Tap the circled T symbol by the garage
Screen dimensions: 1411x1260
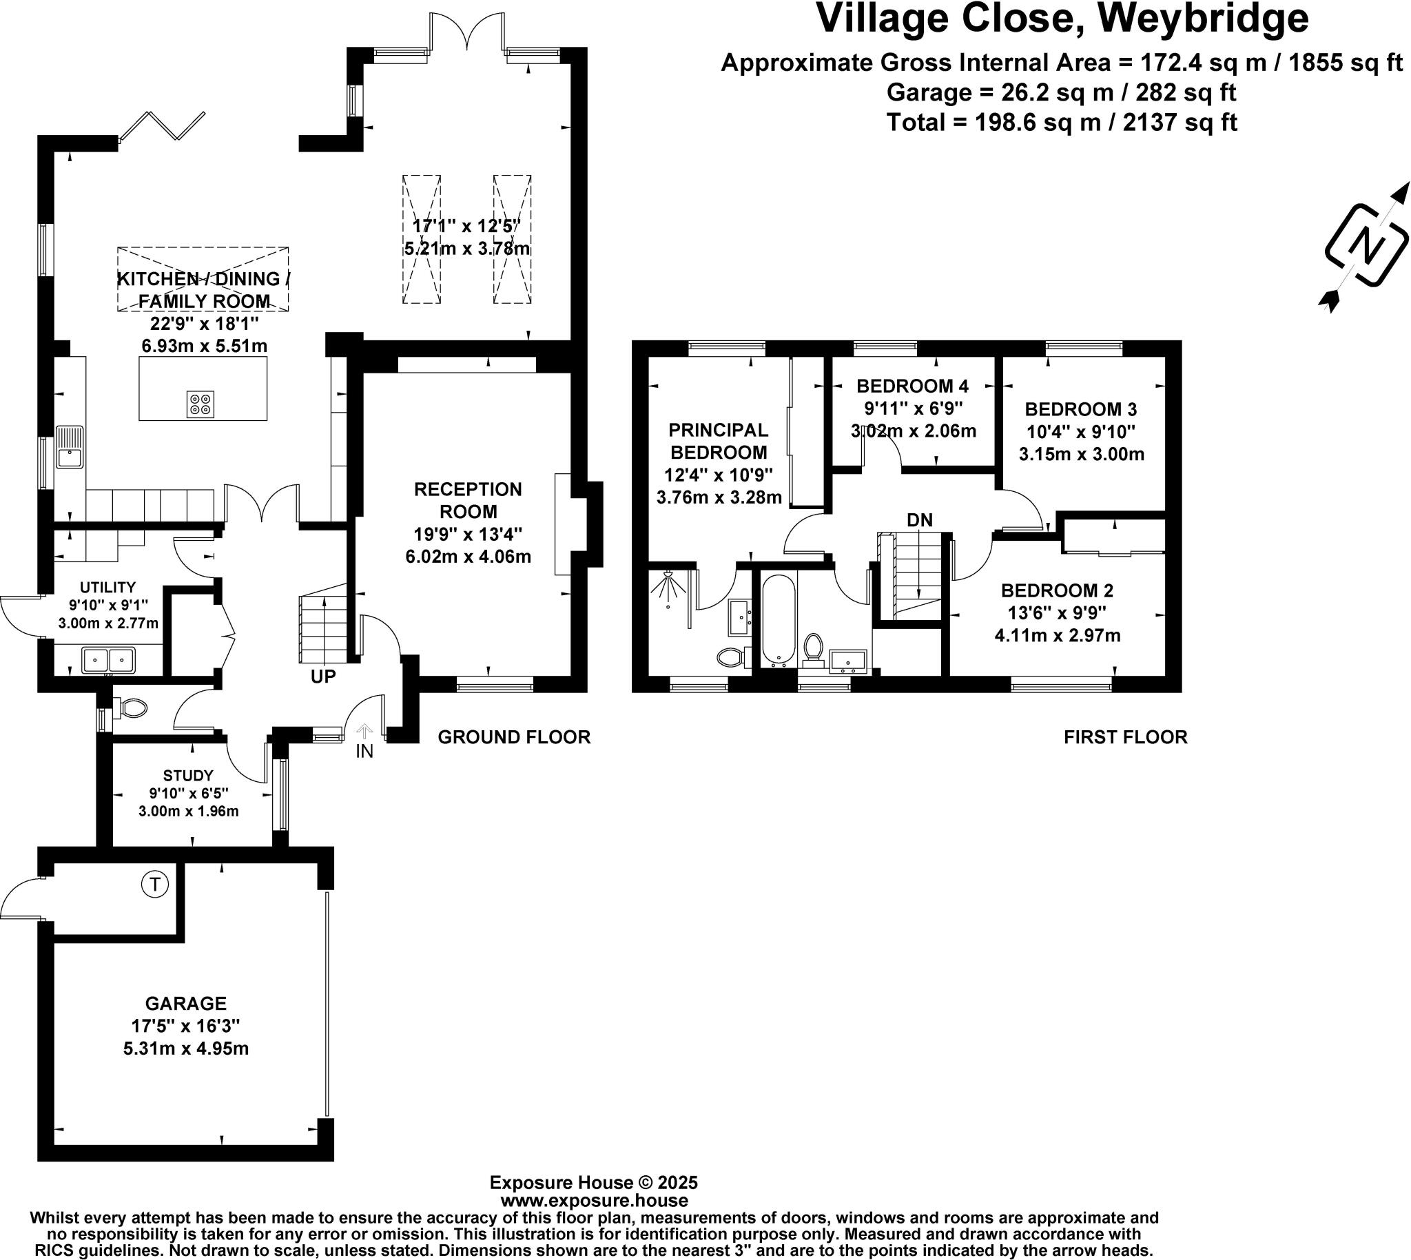pyautogui.click(x=154, y=884)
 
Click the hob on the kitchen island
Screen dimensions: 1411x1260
pyautogui.click(x=200, y=404)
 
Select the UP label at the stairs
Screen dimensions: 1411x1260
pyautogui.click(x=323, y=677)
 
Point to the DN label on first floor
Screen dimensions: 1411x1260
pyautogui.click(x=920, y=520)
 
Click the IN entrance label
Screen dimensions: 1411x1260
pyautogui.click(x=364, y=751)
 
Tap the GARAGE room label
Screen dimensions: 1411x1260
pyautogui.click(x=185, y=1003)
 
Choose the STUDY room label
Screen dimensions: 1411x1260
pyautogui.click(x=188, y=776)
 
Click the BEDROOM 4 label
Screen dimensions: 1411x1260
pyautogui.click(x=912, y=386)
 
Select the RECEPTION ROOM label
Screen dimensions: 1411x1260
pyautogui.click(x=468, y=501)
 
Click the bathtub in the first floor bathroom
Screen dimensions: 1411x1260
pyautogui.click(x=779, y=621)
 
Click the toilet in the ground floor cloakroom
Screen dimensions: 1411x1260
pyautogui.click(x=130, y=708)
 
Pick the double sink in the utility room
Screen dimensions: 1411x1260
pyautogui.click(x=109, y=660)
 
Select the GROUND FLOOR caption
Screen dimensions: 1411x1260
pyautogui.click(x=515, y=737)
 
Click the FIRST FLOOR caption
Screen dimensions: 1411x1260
pyautogui.click(x=1126, y=737)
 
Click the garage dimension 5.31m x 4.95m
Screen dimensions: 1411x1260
pyautogui.click(x=186, y=1048)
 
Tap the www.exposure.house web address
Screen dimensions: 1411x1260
pyautogui.click(x=594, y=1201)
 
